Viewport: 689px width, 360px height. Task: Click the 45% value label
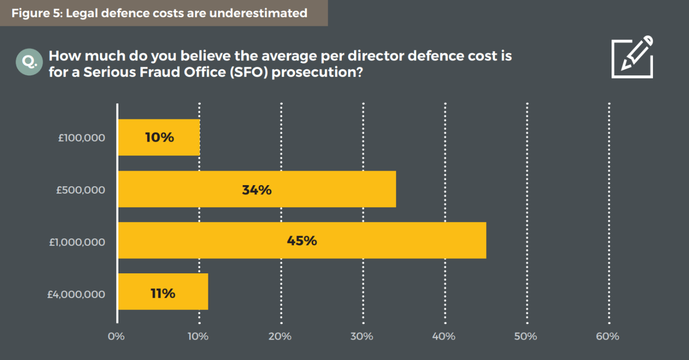301,241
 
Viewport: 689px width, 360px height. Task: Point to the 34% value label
257,190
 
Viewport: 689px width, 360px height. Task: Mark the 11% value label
163,293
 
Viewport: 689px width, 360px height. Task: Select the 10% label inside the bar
159,138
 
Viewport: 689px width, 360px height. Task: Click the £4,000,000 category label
76,294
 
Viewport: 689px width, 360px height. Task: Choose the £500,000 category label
81,190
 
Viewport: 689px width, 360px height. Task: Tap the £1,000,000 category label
77,242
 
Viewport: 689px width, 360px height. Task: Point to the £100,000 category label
81,138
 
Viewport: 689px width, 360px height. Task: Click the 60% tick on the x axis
607,336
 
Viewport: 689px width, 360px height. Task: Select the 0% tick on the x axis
116,336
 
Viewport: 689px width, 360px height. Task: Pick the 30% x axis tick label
361,336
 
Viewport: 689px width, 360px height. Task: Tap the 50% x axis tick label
525,336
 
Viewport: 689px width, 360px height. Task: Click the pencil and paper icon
632,58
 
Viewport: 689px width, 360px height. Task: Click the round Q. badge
29,62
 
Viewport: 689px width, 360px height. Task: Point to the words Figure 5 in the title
36,13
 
